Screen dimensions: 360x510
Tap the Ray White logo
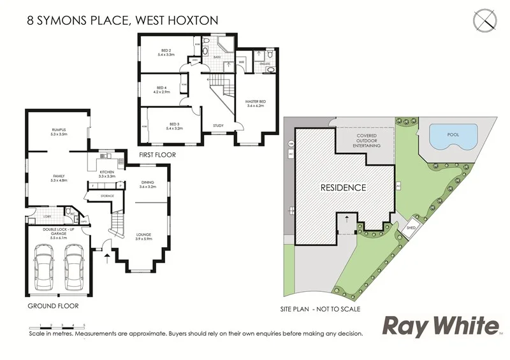tap(440, 326)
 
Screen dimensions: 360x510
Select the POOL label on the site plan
tap(453, 135)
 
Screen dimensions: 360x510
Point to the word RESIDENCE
tap(343, 188)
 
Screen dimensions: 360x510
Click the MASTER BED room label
tap(256, 104)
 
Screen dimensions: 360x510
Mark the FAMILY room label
tap(60, 177)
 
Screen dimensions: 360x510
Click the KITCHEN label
tap(107, 173)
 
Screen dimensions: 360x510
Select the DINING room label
tap(147, 184)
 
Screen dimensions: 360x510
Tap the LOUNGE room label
tap(143, 236)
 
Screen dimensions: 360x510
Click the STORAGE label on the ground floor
tap(107, 196)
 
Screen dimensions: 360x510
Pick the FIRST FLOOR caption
tap(157, 155)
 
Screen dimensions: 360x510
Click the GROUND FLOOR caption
tap(53, 306)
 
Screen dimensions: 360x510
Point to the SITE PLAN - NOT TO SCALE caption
tap(321, 309)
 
